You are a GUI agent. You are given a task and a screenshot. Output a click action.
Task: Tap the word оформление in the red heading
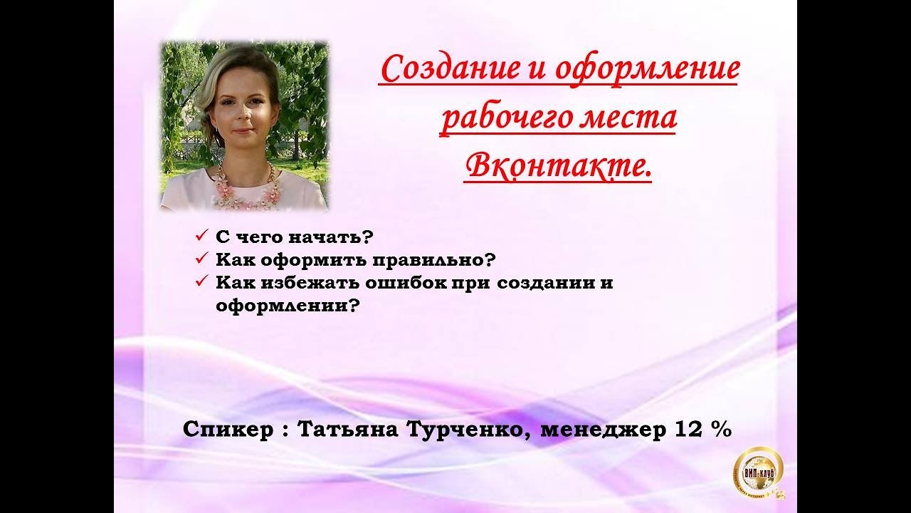[647, 69]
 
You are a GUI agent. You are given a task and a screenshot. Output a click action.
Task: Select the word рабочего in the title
[506, 119]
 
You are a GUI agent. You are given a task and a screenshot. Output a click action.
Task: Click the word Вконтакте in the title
[557, 167]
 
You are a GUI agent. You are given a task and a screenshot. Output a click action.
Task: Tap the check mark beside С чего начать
[201, 235]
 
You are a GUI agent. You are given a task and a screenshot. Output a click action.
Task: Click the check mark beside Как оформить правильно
[201, 258]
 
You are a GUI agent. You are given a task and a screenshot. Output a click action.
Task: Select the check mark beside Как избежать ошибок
[201, 281]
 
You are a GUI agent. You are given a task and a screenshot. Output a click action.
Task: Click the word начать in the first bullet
[327, 237]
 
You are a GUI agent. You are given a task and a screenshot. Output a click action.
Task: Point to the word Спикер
[228, 430]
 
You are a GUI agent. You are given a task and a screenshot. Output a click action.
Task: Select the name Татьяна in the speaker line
[348, 429]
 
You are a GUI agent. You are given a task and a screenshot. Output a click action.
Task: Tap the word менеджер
[603, 430]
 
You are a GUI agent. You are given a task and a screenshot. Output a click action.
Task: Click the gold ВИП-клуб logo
[759, 472]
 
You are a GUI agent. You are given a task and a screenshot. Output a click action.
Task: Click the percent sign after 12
[722, 429]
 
